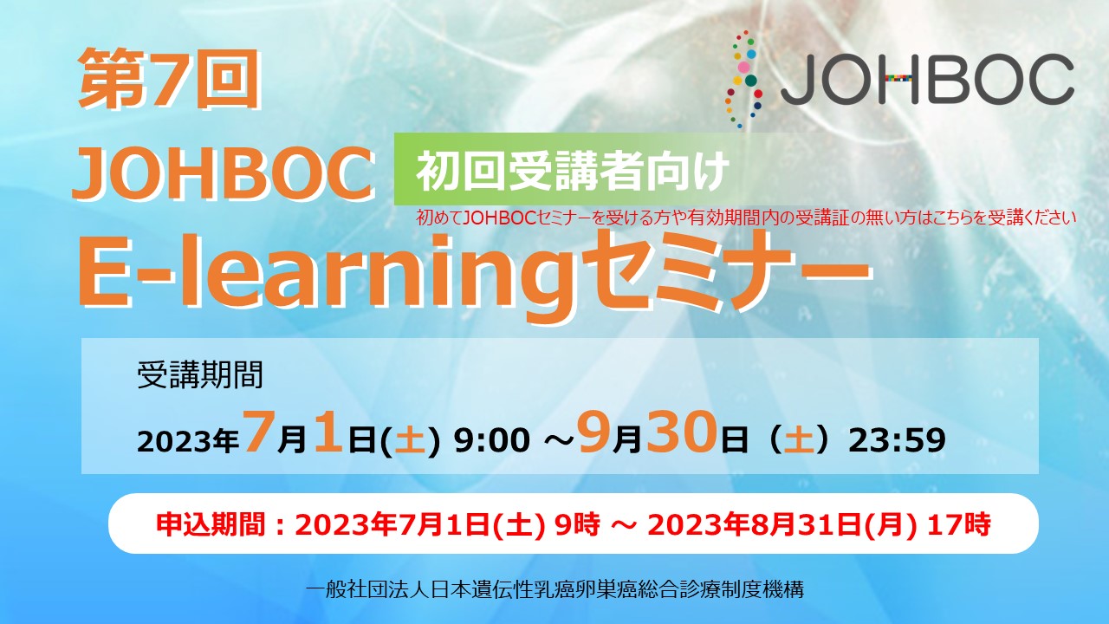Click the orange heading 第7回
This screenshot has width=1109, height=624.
(168, 79)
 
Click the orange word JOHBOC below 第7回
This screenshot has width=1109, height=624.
(224, 174)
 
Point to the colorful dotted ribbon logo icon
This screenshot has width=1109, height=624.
(743, 79)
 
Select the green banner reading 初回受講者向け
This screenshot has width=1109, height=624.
(569, 170)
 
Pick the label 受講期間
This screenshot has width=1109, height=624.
(200, 375)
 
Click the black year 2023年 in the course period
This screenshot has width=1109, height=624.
(188, 441)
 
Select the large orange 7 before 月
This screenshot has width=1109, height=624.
(258, 432)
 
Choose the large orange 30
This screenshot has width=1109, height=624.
(681, 432)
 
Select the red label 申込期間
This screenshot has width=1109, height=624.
(211, 524)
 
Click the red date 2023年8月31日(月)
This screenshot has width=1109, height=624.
(781, 524)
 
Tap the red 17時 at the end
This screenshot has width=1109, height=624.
(959, 524)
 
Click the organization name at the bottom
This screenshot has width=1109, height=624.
(554, 589)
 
